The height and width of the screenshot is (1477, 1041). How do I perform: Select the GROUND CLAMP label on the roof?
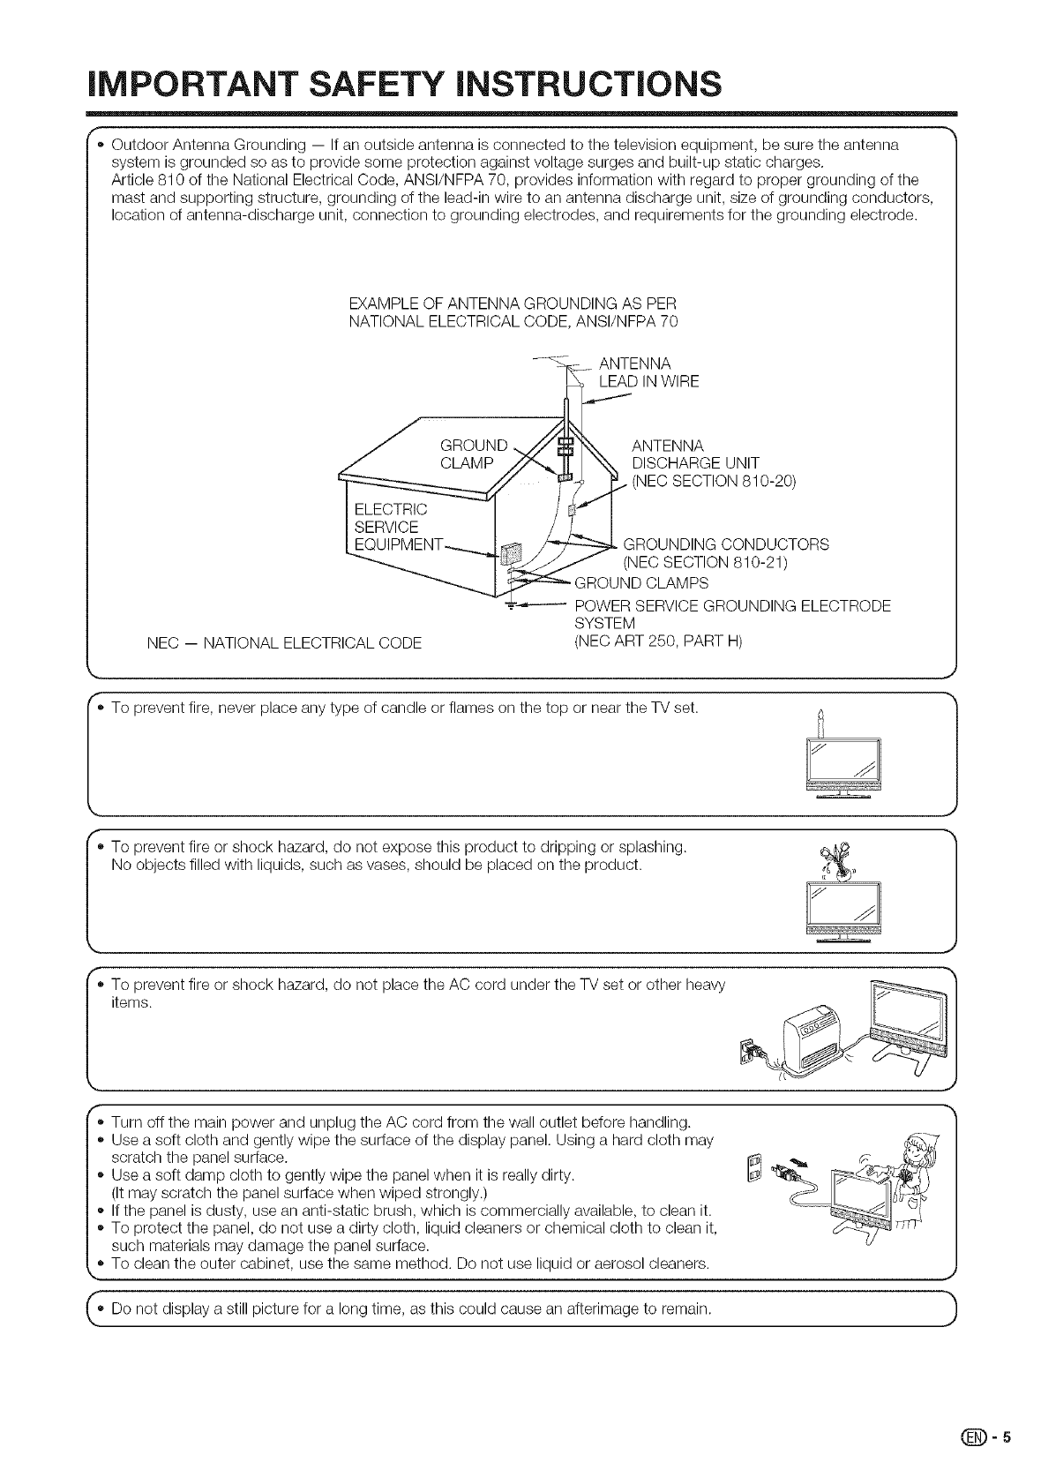(x=474, y=454)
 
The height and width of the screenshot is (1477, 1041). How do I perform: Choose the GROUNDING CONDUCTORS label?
(x=725, y=544)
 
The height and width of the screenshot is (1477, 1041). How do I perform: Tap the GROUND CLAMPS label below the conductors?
(x=640, y=583)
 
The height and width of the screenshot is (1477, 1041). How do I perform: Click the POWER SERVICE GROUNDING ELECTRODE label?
(x=732, y=605)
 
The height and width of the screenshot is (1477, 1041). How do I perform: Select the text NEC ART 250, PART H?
(x=658, y=641)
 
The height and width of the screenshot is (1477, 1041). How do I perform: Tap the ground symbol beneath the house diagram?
(x=509, y=604)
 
